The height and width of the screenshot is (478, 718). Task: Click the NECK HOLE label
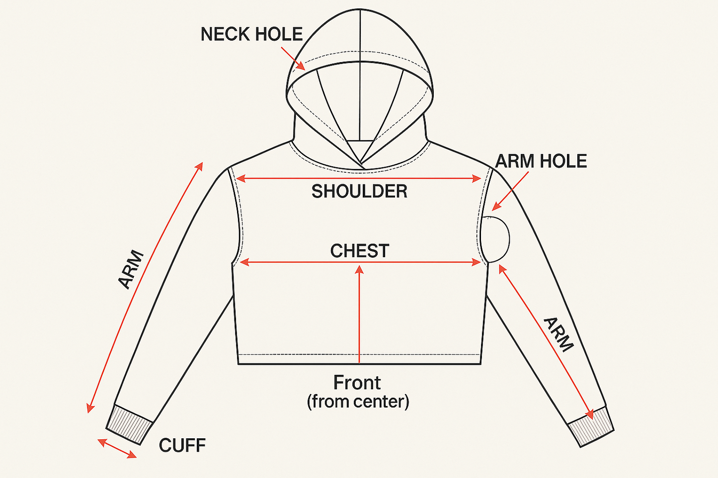pyautogui.click(x=251, y=34)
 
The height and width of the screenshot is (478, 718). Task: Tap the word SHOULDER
pyautogui.click(x=359, y=191)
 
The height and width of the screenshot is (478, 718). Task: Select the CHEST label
pyautogui.click(x=359, y=251)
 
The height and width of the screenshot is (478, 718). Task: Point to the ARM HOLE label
pyautogui.click(x=541, y=161)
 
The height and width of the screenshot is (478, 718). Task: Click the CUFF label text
pyautogui.click(x=182, y=445)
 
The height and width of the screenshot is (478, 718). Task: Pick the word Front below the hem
pyautogui.click(x=357, y=383)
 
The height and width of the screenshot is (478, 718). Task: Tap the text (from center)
pyautogui.click(x=358, y=401)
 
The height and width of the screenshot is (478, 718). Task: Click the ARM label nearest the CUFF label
pyautogui.click(x=131, y=270)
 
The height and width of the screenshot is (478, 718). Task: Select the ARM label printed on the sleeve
pyautogui.click(x=559, y=334)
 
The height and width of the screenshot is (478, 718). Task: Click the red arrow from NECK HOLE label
pyautogui.click(x=293, y=59)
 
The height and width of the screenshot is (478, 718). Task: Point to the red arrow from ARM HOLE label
pyautogui.click(x=510, y=191)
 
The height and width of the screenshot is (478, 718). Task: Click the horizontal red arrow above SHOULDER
pyautogui.click(x=359, y=178)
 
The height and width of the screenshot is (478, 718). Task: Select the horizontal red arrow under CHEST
pyautogui.click(x=359, y=263)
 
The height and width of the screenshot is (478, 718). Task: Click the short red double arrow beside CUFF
pyautogui.click(x=117, y=448)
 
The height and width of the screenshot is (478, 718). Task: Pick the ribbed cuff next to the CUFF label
pyautogui.click(x=129, y=424)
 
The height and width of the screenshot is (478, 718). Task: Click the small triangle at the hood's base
pyautogui.click(x=361, y=149)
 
